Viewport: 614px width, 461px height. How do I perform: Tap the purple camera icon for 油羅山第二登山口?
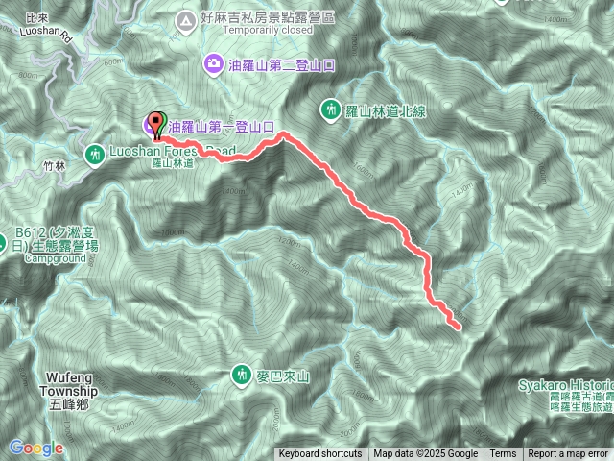[x=211, y=65]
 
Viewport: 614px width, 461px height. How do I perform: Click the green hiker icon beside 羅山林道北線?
[x=330, y=110]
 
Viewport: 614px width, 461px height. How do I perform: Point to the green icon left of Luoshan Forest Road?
[x=95, y=153]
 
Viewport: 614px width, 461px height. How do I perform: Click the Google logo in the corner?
[x=36, y=448]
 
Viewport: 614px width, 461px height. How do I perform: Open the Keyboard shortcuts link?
[x=320, y=454]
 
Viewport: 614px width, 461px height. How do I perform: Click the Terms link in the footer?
[x=503, y=454]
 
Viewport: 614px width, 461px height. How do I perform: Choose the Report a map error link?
[x=568, y=454]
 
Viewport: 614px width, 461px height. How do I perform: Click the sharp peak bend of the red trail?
[x=283, y=136]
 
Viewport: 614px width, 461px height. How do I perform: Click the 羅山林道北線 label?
[x=386, y=111]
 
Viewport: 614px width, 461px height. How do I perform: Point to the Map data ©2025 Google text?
[x=426, y=454]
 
